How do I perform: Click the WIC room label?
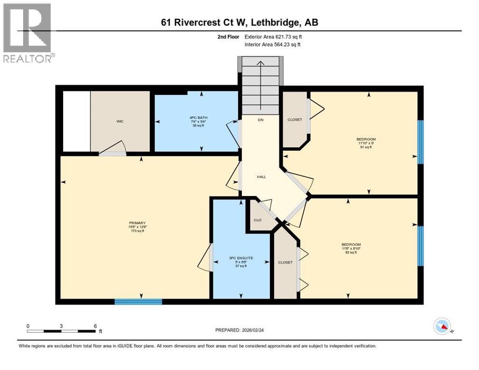[x=120, y=121]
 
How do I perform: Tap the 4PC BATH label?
[x=196, y=121]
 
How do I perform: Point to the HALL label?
[x=261, y=177]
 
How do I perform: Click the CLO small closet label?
[x=257, y=220]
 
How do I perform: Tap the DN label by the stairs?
[x=260, y=119]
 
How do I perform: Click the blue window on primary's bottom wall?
[x=138, y=302]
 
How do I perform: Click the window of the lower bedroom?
[x=420, y=246]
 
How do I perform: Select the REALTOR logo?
[x=27, y=33]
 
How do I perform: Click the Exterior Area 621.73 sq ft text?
[x=273, y=37]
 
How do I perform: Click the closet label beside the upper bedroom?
[x=294, y=119]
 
